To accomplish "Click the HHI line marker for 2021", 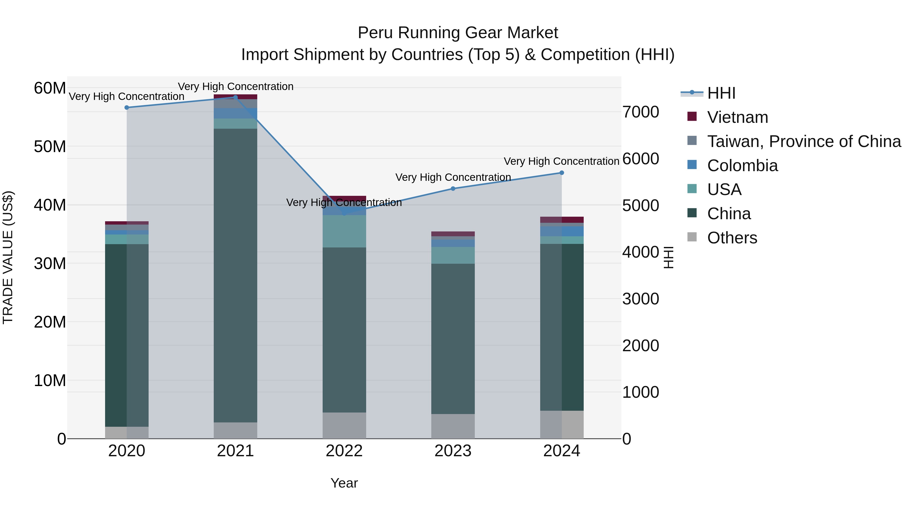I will pyautogui.click(x=235, y=97).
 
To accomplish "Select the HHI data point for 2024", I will pyautogui.click(x=562, y=173).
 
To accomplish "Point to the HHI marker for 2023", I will pyautogui.click(x=453, y=189).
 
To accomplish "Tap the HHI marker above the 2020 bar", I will pyautogui.click(x=127, y=107).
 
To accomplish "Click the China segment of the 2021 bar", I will pyautogui.click(x=235, y=275).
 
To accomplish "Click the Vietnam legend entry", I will pyautogui.click(x=737, y=117).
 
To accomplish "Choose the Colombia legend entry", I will pyautogui.click(x=742, y=166).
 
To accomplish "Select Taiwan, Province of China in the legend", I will pyautogui.click(x=804, y=141).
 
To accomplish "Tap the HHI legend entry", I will pyautogui.click(x=721, y=93).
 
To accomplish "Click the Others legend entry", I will pyautogui.click(x=732, y=238).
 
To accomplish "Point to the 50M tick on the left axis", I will pyautogui.click(x=50, y=146).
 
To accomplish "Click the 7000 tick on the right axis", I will pyautogui.click(x=640, y=112).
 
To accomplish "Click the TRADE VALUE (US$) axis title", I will pyautogui.click(x=8, y=257).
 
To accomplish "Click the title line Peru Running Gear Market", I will pyautogui.click(x=458, y=33).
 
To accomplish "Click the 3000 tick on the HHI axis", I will pyautogui.click(x=640, y=299).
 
